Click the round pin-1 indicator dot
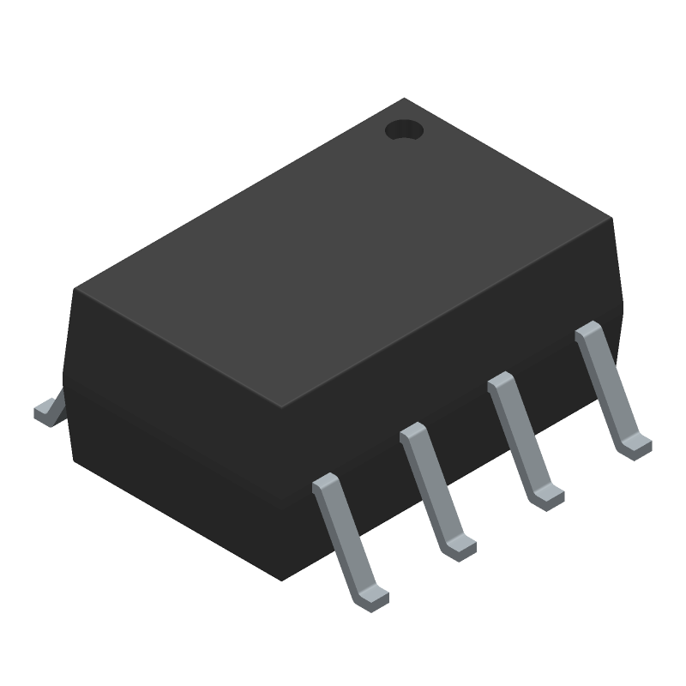(x=404, y=130)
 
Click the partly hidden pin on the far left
(x=48, y=412)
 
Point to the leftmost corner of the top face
(x=75, y=288)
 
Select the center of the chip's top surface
(x=343, y=254)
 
